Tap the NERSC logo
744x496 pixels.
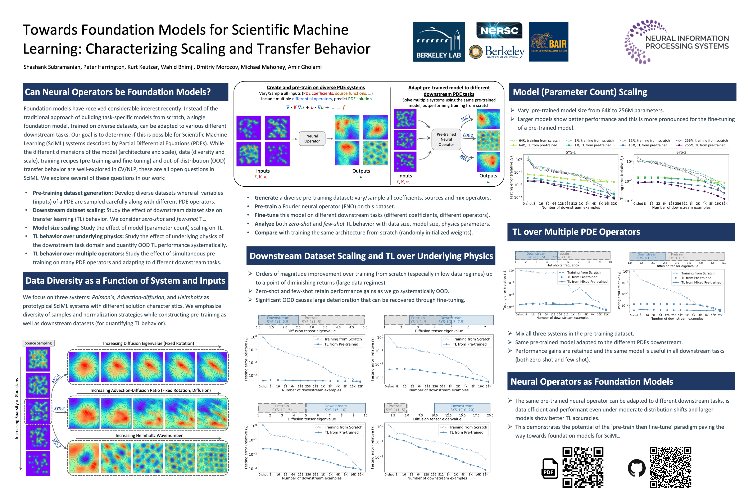[499, 30]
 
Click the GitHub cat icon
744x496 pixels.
[636, 468]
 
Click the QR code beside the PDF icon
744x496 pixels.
[583, 467]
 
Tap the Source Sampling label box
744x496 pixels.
[38, 343]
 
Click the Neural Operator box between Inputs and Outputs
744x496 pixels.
[312, 138]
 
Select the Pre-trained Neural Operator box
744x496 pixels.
[446, 139]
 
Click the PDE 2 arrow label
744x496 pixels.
[468, 135]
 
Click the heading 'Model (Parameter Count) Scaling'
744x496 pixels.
[580, 92]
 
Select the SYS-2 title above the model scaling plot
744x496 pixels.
[681, 152]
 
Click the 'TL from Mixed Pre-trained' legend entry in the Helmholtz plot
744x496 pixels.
[587, 282]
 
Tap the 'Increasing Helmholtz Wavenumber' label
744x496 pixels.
[149, 435]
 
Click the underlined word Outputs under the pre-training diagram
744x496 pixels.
[361, 171]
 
